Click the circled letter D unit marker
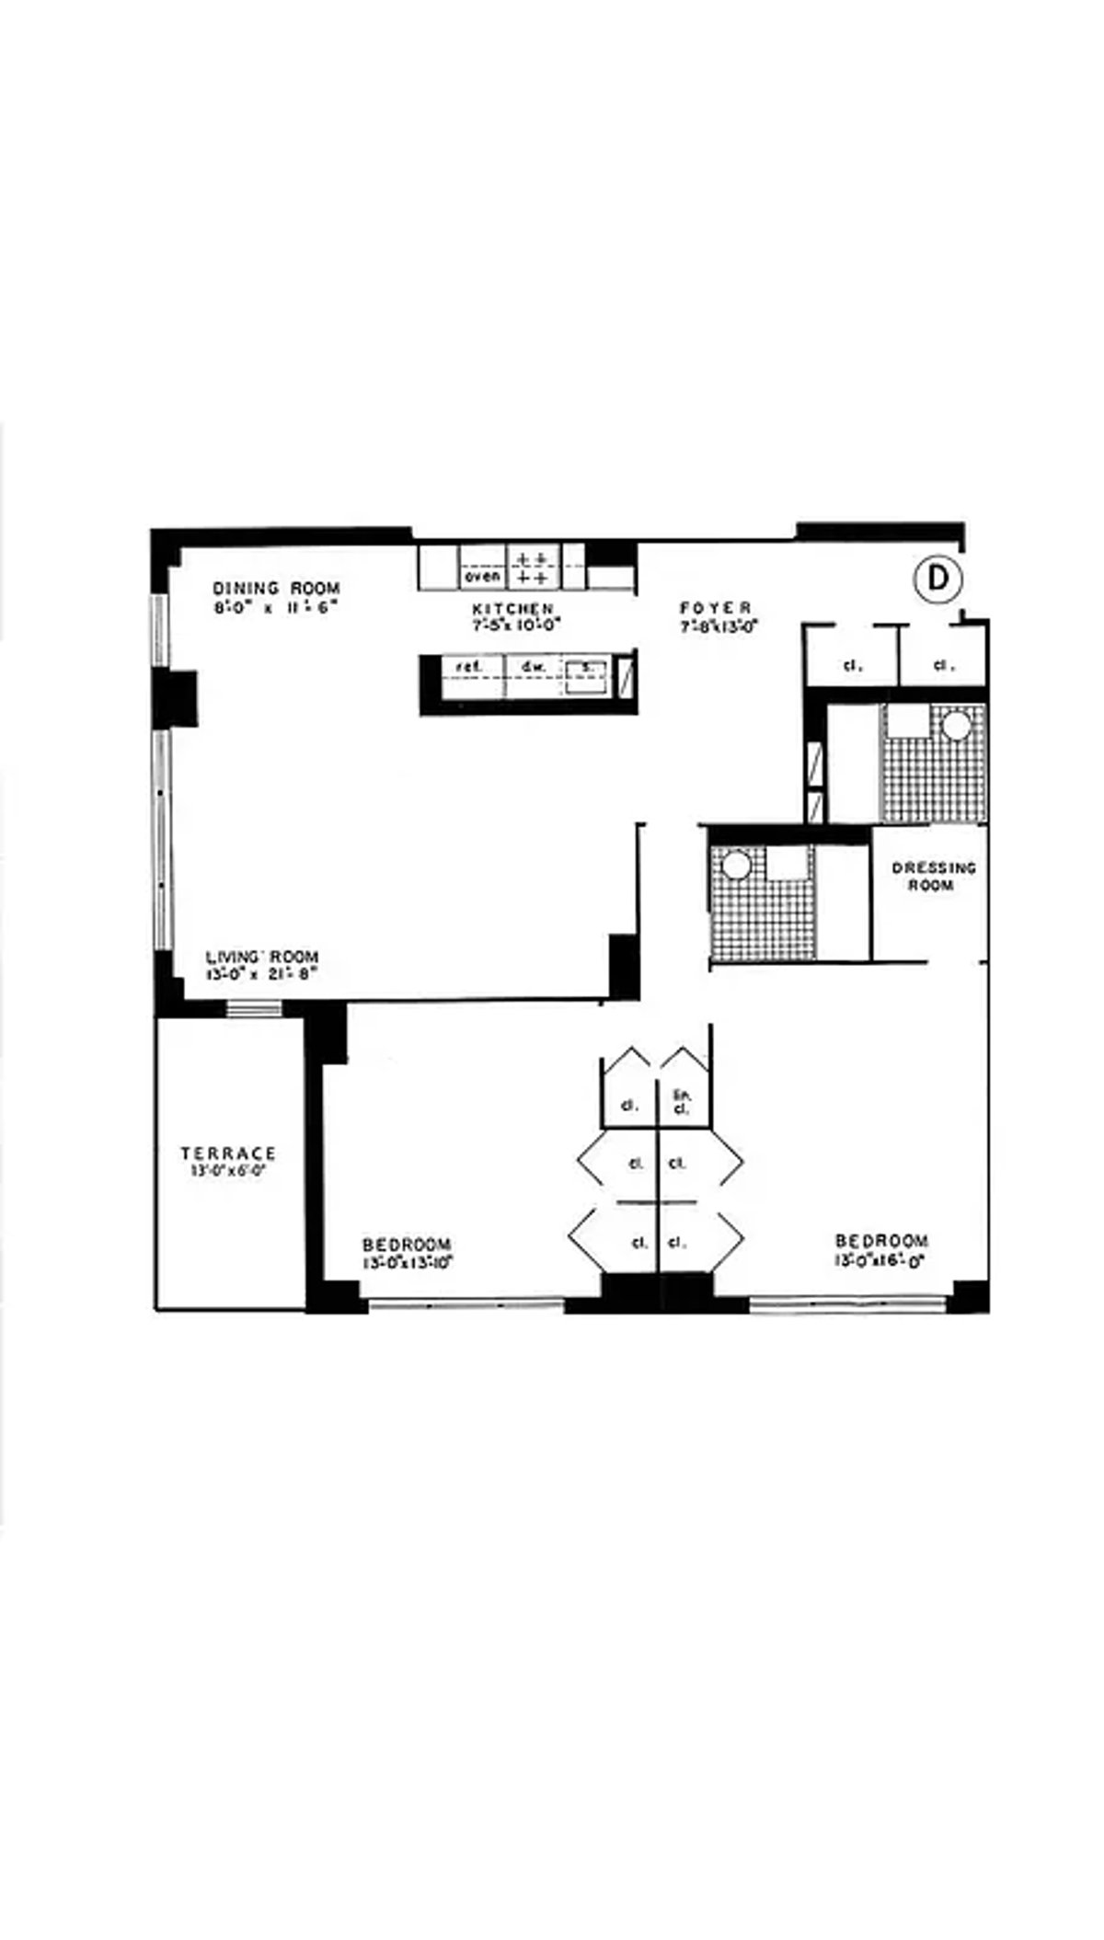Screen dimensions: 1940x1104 937,579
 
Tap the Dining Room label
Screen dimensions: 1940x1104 276,589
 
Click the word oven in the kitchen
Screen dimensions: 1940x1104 483,577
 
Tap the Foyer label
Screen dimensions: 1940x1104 716,608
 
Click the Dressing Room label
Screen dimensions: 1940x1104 933,876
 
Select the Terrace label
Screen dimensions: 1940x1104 228,1154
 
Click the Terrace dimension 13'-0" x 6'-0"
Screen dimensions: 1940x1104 228,1172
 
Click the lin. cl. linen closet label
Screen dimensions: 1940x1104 681,1101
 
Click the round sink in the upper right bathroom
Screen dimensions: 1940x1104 956,727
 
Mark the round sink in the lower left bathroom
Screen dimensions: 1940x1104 735,866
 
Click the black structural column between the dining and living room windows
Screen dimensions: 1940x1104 175,698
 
